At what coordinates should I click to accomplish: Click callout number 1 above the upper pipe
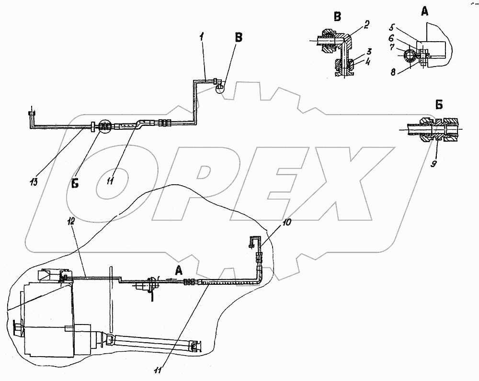[x=202, y=36]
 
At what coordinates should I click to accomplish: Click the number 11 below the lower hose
[x=158, y=370]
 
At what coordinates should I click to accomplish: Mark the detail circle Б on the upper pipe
[x=103, y=127]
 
